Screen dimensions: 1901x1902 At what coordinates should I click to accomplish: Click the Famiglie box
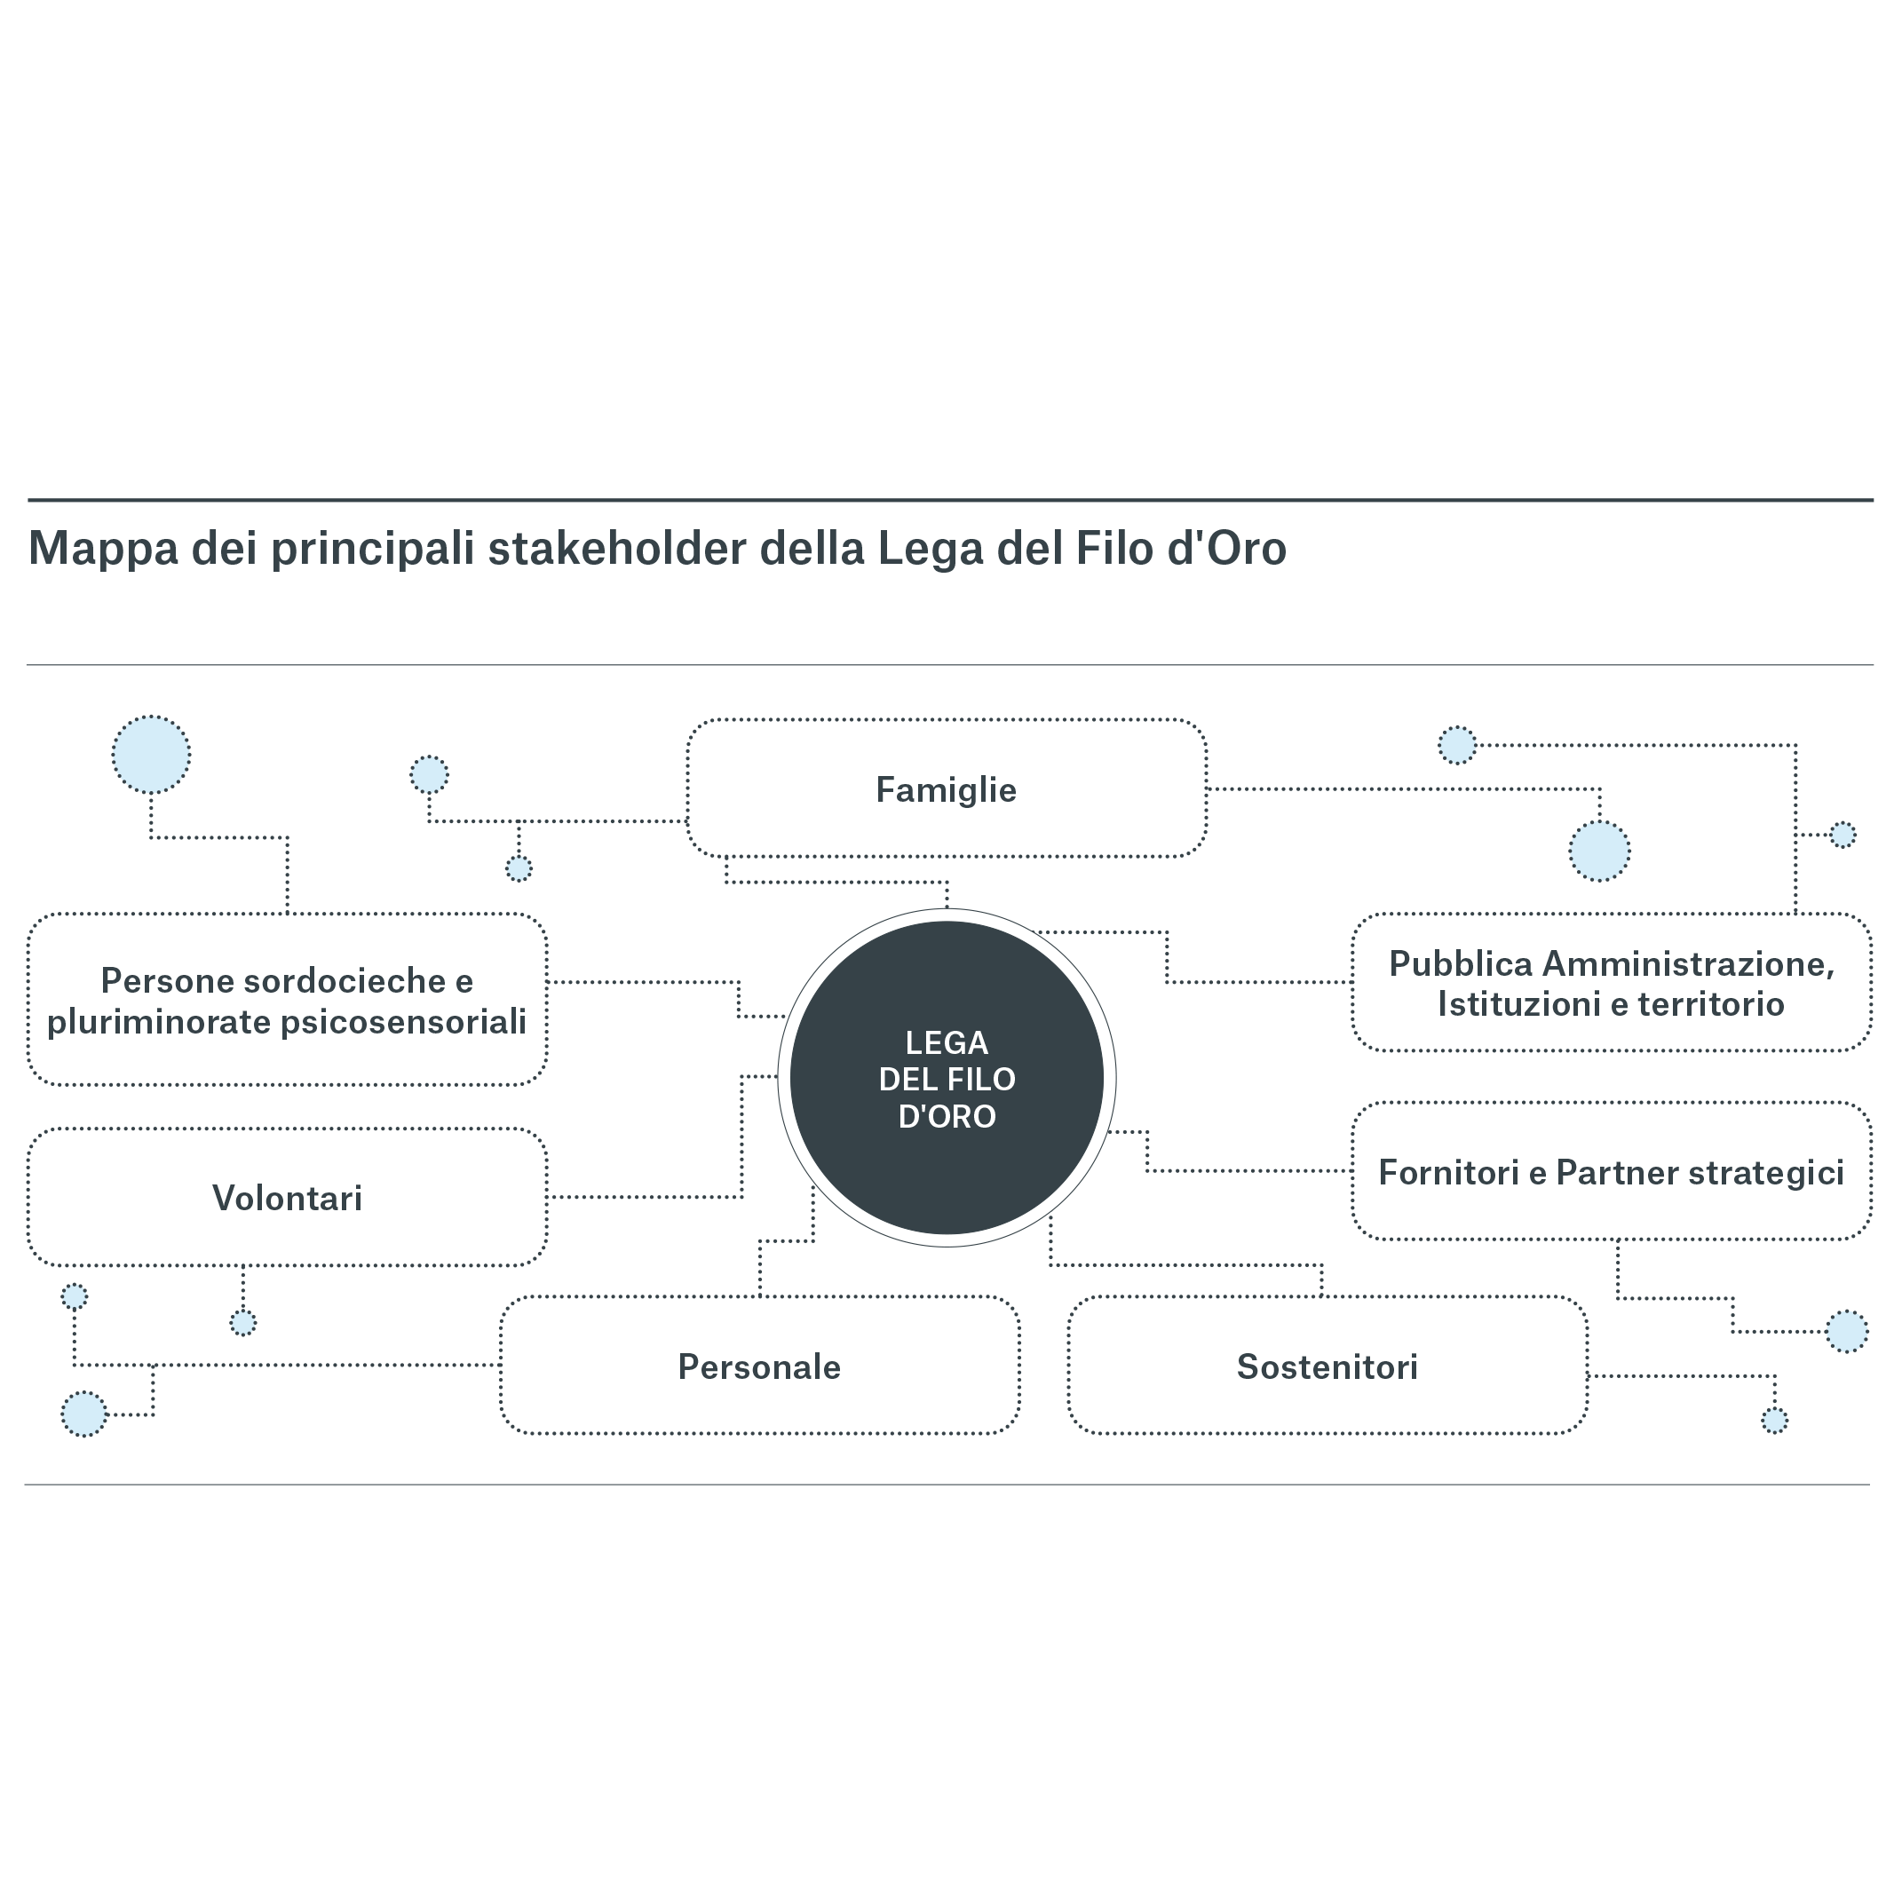[x=946, y=789]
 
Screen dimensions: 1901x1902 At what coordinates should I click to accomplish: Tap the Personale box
[x=759, y=1367]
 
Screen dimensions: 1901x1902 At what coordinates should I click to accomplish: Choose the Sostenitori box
[x=1327, y=1367]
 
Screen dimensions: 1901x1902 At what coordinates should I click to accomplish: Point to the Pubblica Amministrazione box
[x=1611, y=984]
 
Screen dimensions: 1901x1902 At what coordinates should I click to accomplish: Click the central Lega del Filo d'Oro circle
[x=946, y=1078]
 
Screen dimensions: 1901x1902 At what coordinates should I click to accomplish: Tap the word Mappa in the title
[x=103, y=550]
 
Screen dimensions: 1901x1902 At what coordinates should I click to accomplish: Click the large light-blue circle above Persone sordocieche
[x=151, y=755]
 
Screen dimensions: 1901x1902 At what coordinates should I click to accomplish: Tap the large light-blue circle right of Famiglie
[x=1599, y=851]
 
